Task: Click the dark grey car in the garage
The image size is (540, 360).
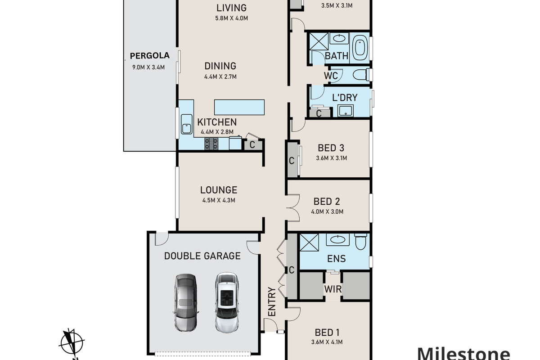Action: click(185, 302)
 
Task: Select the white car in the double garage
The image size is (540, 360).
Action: click(227, 302)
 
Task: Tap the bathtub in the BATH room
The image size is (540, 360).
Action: click(360, 48)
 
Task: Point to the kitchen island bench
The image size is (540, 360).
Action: click(239, 107)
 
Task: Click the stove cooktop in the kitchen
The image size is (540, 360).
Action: click(211, 144)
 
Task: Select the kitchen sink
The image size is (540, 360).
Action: click(187, 124)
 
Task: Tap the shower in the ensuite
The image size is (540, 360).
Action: click(309, 243)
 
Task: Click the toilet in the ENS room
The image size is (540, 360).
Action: click(361, 241)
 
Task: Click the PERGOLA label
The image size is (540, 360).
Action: click(150, 56)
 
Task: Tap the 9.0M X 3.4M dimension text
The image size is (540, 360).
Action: click(148, 67)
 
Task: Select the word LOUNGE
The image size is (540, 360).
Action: click(219, 190)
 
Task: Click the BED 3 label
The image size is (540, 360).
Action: click(331, 148)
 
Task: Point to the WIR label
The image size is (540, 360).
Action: click(333, 289)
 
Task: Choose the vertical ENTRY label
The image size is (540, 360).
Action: click(272, 301)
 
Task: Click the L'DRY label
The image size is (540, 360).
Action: click(345, 98)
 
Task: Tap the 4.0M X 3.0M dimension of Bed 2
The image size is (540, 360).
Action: click(327, 211)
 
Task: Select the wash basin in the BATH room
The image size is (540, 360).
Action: click(339, 39)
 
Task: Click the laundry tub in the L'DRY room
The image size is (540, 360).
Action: click(346, 111)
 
